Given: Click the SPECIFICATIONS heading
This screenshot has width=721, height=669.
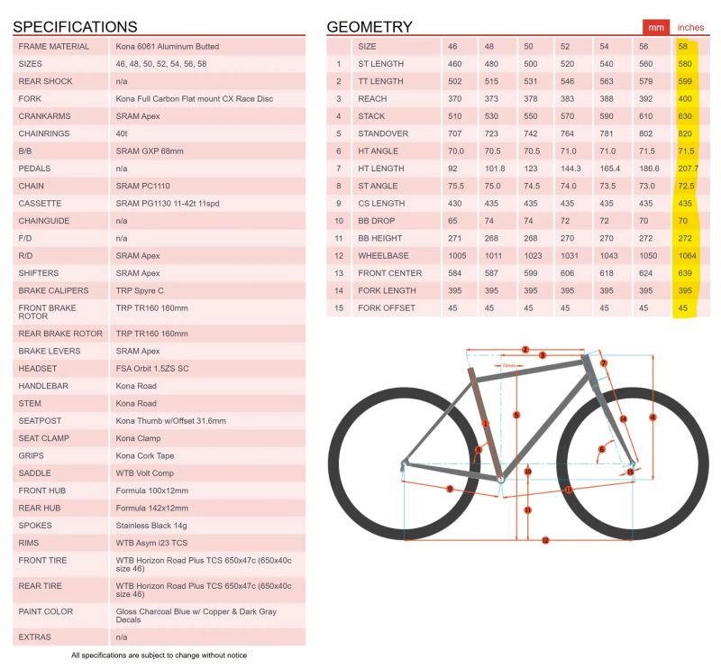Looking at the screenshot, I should (75, 27).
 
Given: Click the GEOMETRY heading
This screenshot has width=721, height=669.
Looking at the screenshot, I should (370, 27).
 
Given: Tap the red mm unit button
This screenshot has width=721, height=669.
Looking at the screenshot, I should (653, 27).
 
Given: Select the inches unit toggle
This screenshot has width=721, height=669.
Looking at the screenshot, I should (690, 27).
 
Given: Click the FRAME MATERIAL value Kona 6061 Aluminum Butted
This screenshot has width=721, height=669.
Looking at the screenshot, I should (168, 46).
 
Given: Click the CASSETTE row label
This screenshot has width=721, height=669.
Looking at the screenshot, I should (40, 204).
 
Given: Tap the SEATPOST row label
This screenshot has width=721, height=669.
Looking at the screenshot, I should (41, 421).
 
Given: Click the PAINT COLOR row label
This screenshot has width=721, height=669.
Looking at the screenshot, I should (46, 612).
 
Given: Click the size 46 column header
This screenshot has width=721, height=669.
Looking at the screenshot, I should (454, 46).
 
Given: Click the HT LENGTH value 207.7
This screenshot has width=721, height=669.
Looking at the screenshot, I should (687, 169).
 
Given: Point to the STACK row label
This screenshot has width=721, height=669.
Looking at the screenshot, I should (371, 116).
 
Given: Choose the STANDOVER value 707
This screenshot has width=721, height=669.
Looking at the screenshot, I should (454, 133).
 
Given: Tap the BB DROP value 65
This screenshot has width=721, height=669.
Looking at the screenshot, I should (454, 221).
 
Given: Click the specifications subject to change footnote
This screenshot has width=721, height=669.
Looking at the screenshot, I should (159, 655).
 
